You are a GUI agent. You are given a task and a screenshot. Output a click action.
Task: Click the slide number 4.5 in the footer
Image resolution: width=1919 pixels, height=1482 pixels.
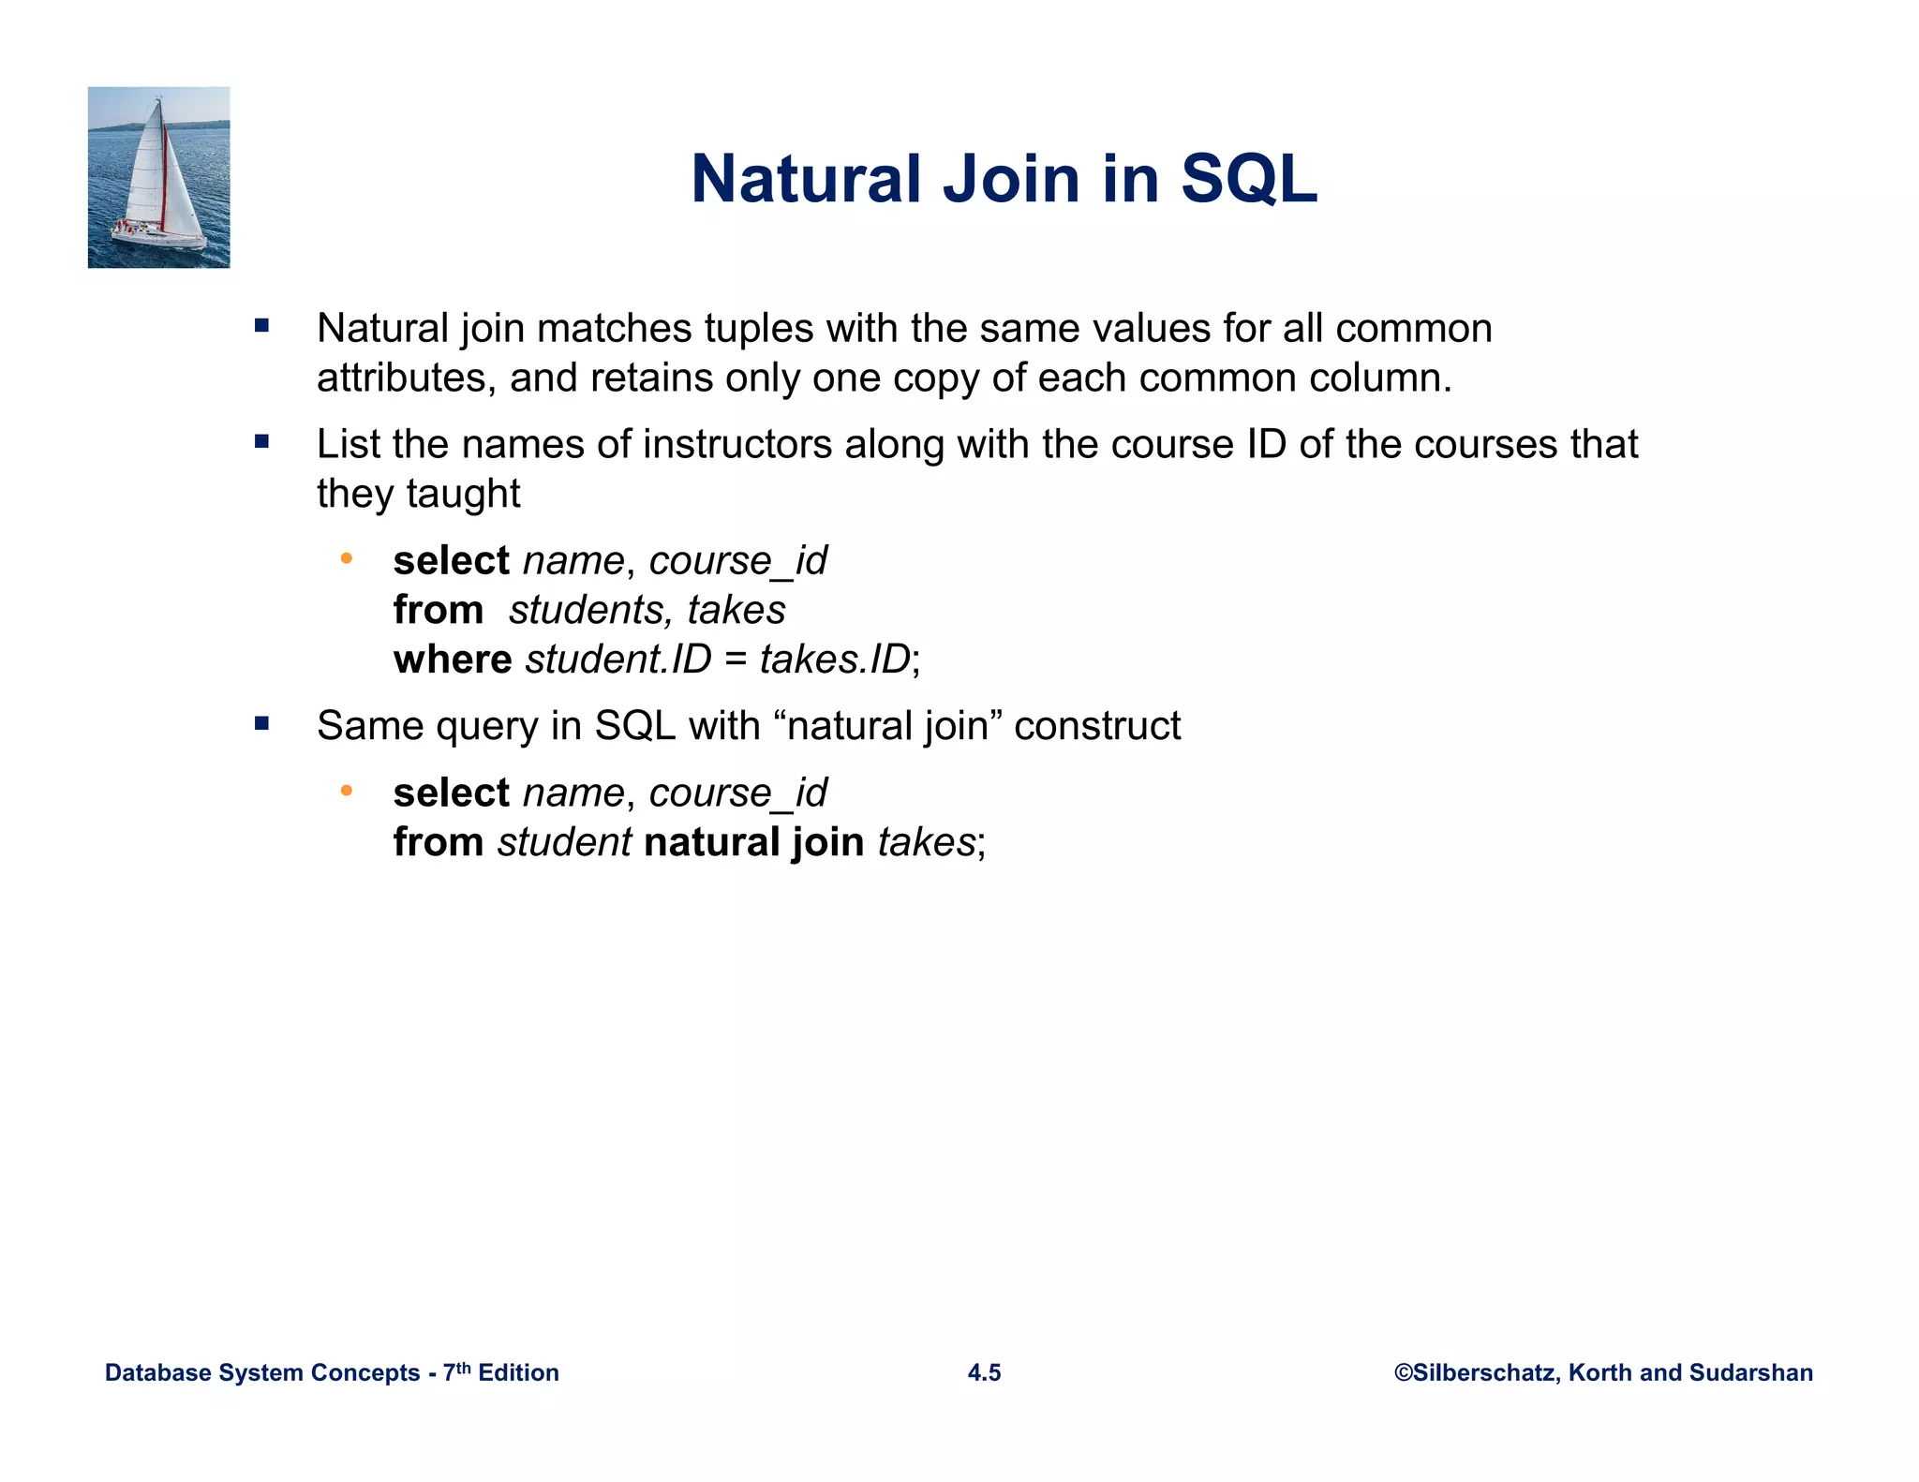pos(984,1372)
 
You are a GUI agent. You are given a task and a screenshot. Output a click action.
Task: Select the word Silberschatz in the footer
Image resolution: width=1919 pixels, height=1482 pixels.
pos(1483,1372)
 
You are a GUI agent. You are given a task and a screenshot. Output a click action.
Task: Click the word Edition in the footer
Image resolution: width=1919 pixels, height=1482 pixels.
pos(518,1372)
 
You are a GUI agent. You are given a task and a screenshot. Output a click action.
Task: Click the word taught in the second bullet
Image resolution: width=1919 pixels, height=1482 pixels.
pos(463,494)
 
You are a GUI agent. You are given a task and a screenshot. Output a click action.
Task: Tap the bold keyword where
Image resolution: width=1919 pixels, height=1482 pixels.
pos(452,659)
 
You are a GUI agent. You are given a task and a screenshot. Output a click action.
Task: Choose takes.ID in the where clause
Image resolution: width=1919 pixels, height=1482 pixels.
pos(835,659)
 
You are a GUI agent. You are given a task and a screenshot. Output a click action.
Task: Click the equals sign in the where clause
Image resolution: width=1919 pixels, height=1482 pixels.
pos(735,659)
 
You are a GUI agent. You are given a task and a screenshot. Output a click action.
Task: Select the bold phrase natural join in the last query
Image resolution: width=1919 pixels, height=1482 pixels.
pos(753,841)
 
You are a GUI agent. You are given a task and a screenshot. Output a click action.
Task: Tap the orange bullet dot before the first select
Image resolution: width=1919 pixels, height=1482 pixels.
pos(346,559)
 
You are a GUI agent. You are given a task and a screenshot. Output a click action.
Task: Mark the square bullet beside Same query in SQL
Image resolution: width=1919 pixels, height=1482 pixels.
pos(261,723)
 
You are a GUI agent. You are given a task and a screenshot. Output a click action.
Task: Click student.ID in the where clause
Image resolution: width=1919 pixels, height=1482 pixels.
pos(617,659)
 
